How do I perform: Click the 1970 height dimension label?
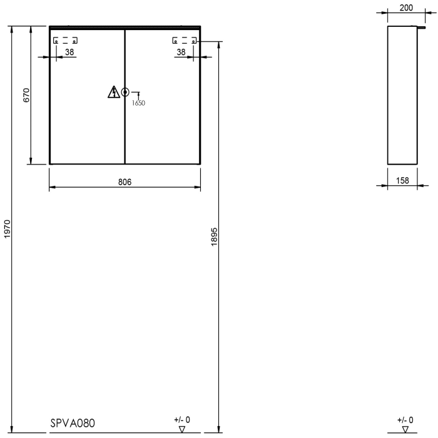point(7,228)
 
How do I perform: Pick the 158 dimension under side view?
point(403,180)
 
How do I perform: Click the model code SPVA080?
point(73,423)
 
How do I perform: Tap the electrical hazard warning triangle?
point(113,93)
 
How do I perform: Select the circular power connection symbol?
point(125,92)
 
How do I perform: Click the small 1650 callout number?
point(139,103)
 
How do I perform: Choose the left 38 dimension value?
point(69,52)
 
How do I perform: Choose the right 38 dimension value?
point(181,52)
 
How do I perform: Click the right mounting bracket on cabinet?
point(185,41)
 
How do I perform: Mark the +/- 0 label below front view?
point(182,419)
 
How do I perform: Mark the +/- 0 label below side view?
point(405,419)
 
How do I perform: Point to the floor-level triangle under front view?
point(182,429)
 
